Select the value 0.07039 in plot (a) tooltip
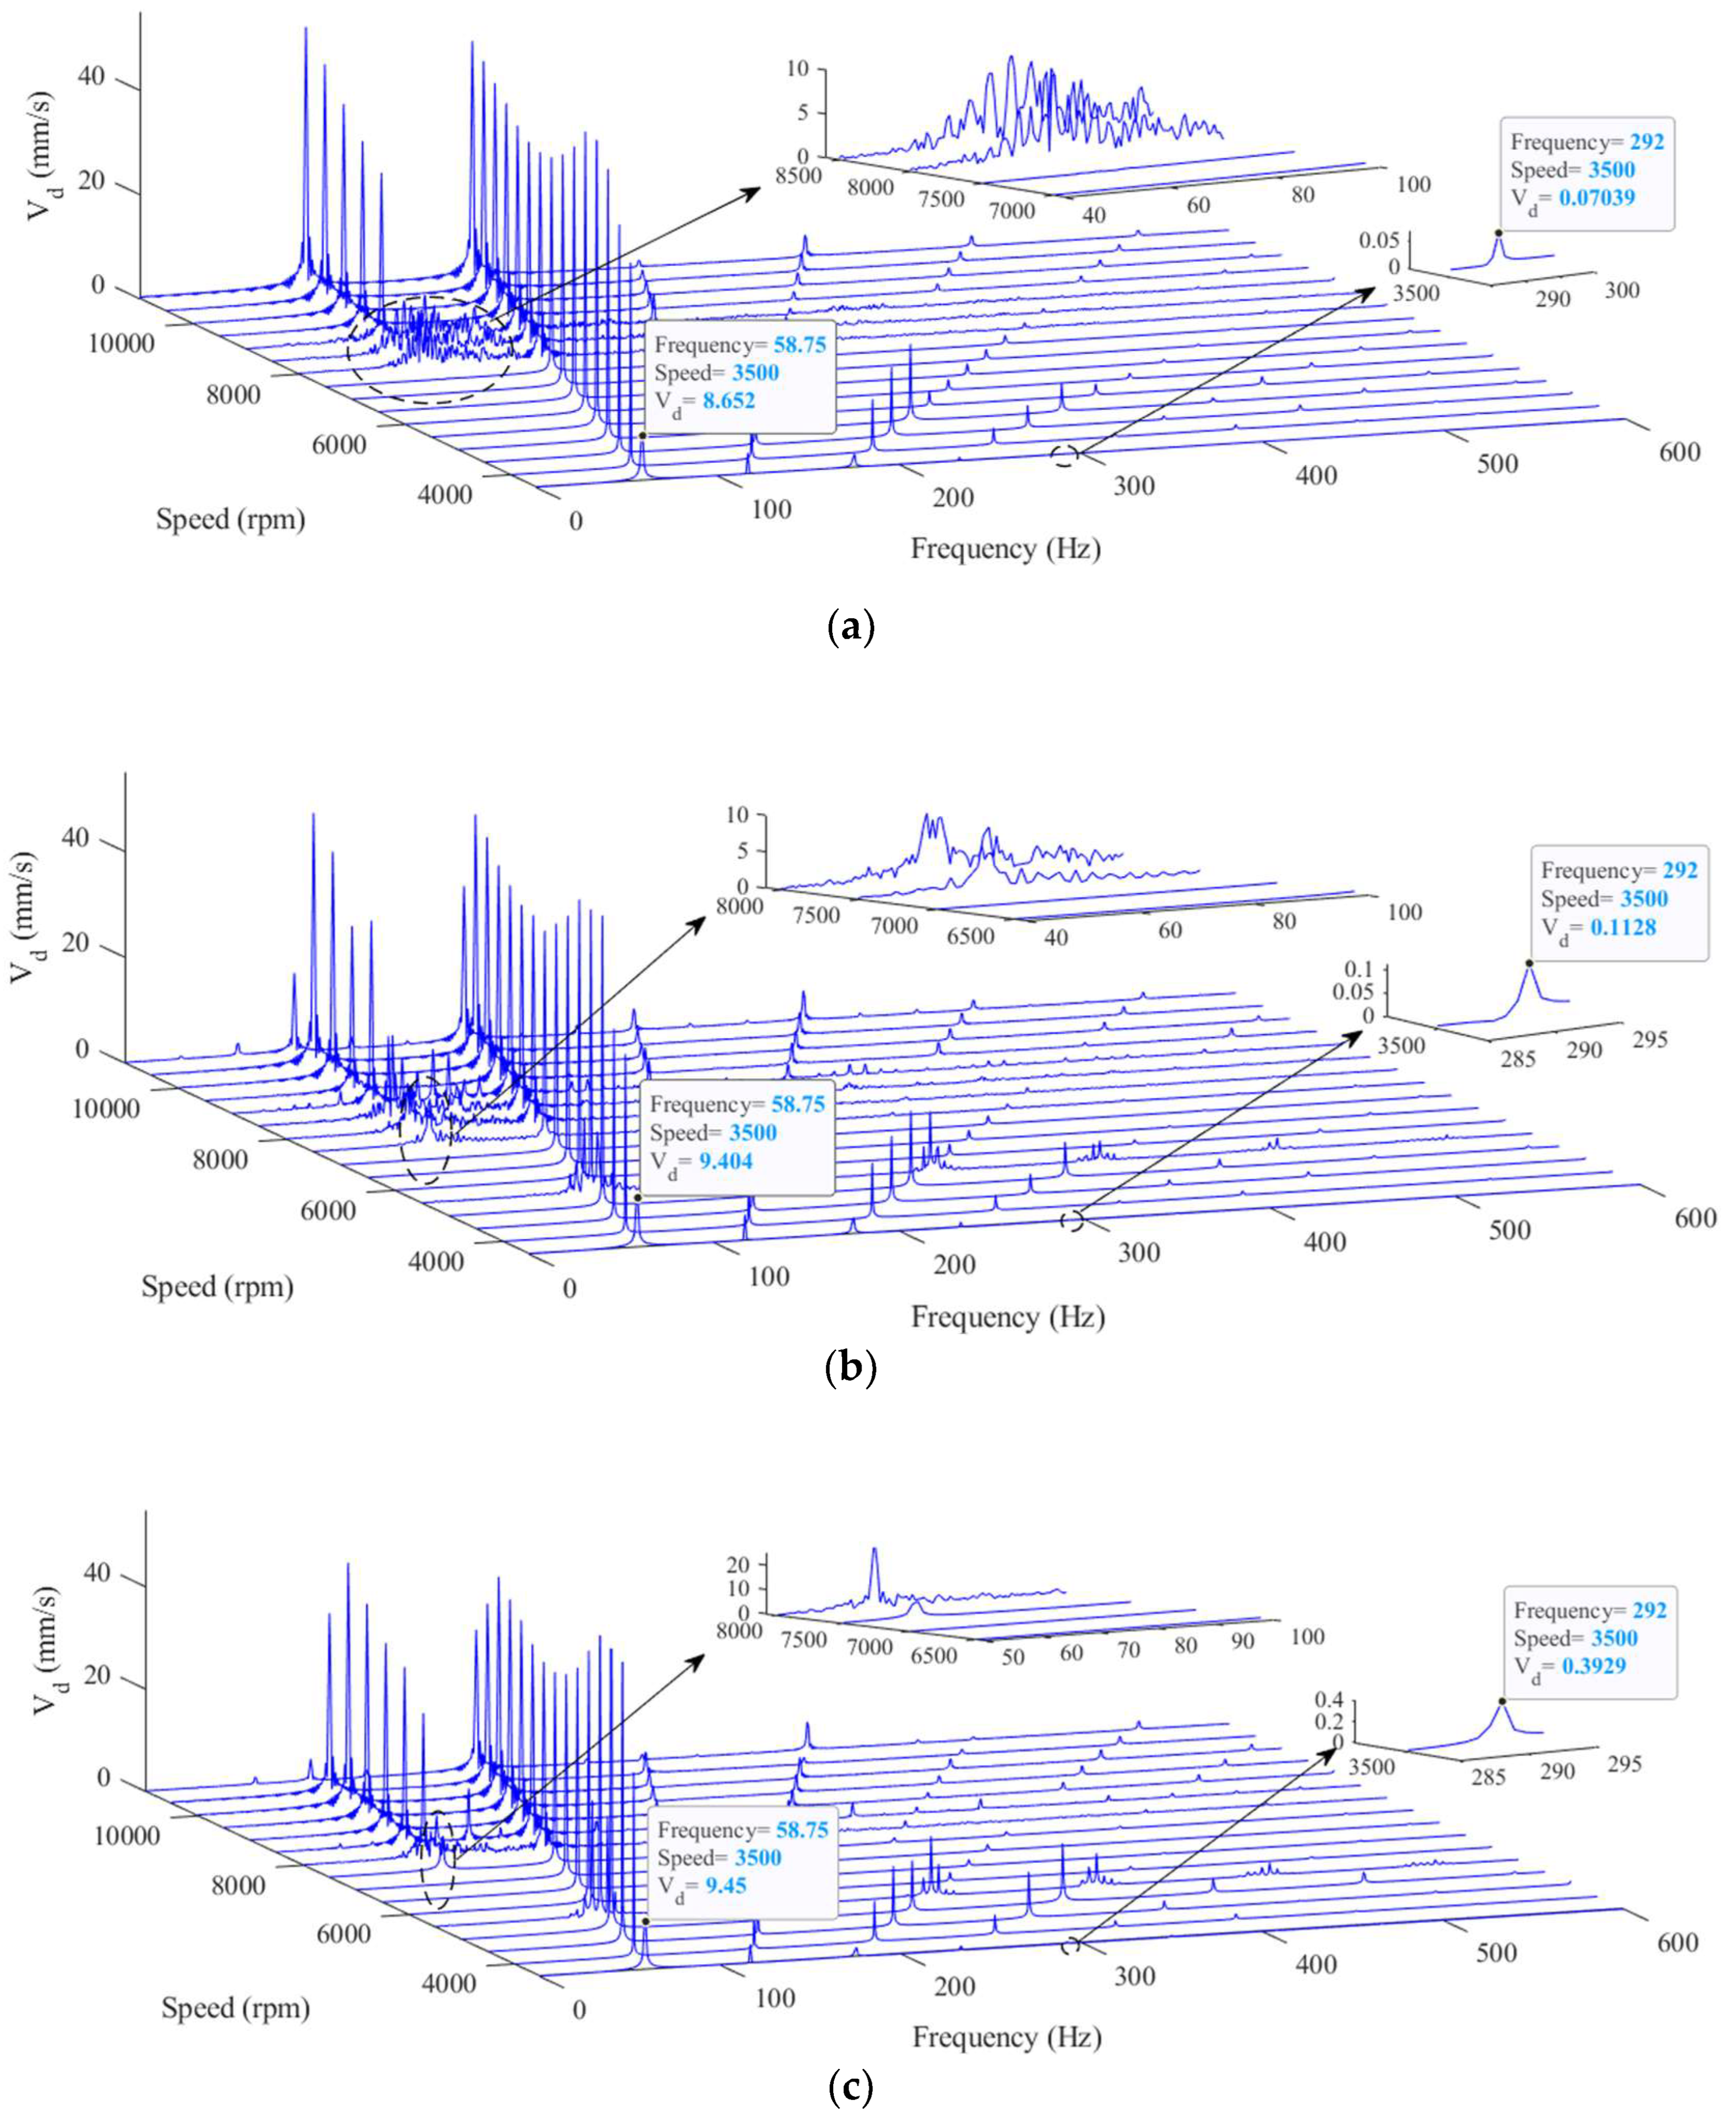click(x=1596, y=198)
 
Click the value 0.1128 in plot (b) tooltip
click(x=1622, y=927)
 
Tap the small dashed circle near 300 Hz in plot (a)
click(x=1064, y=456)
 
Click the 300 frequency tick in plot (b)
click(x=1138, y=1254)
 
